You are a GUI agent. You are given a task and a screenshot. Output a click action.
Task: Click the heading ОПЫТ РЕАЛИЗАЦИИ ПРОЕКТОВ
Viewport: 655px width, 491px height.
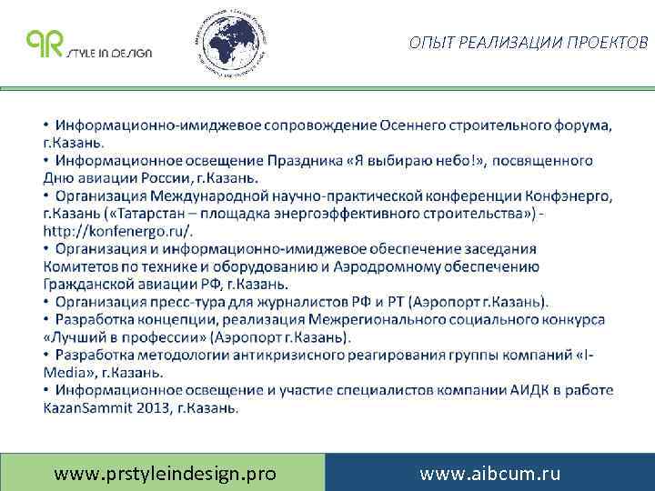pos(529,43)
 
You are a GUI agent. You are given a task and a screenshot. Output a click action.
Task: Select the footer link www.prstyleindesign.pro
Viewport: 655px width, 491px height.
pos(165,473)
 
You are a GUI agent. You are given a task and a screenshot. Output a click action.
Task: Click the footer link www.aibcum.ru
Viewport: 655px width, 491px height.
pos(489,473)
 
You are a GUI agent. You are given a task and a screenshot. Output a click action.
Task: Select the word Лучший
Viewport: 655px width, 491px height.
pos(81,336)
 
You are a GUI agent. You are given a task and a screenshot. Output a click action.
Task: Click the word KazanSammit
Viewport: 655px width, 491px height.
pos(88,407)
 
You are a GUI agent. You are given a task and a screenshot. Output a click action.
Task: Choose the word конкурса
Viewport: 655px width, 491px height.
pos(567,319)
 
